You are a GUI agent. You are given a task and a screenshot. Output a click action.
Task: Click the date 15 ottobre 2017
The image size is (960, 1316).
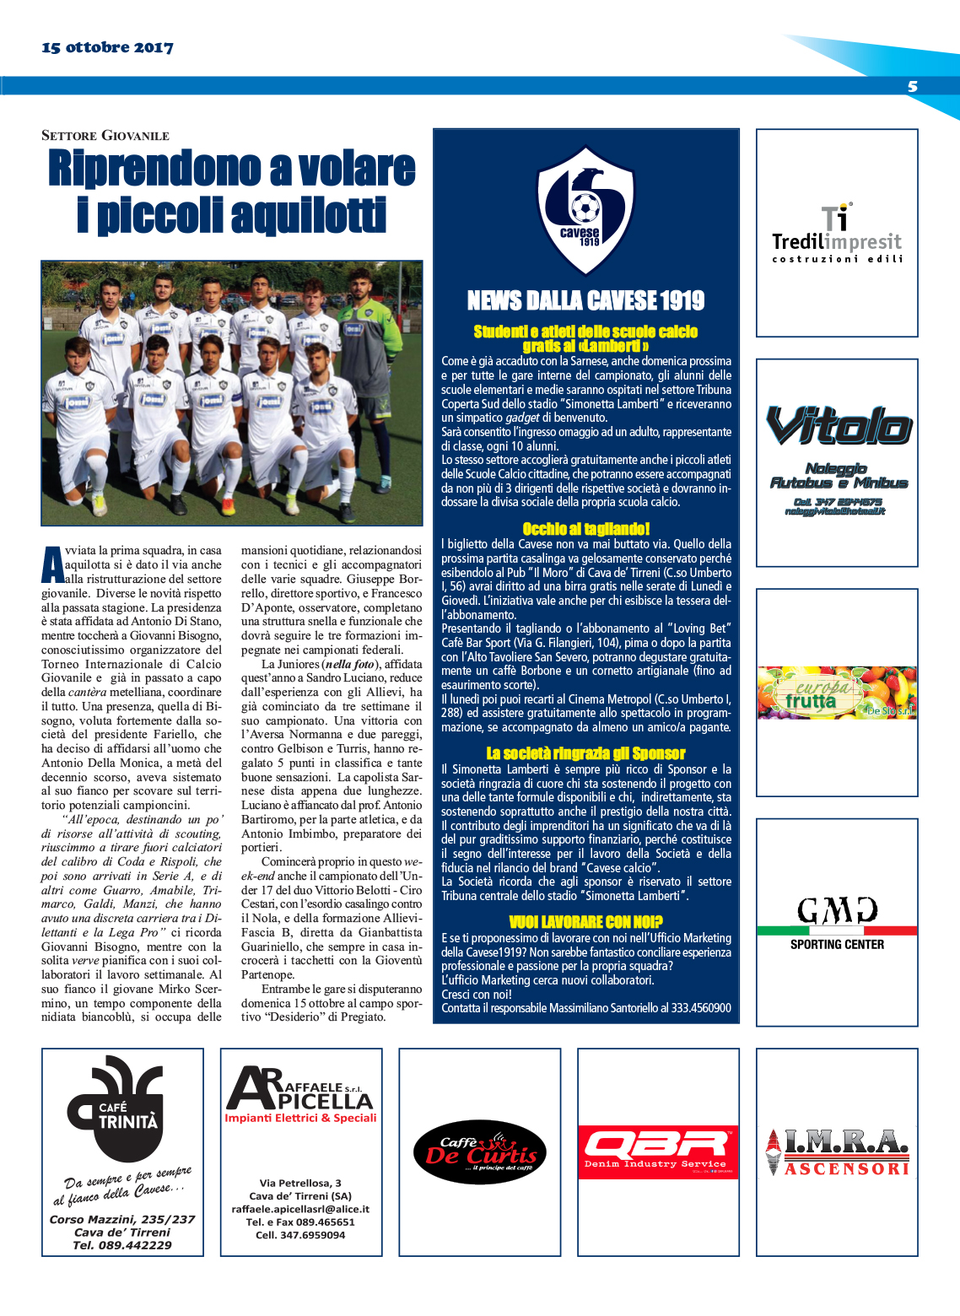click(107, 48)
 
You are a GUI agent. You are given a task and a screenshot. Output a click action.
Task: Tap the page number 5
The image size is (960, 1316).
click(912, 87)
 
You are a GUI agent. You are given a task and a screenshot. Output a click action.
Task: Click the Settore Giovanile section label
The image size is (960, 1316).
click(105, 135)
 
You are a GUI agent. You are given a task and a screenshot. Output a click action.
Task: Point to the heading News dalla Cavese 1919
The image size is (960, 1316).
click(585, 300)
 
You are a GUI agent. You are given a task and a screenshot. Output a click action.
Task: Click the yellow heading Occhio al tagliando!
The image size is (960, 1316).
click(585, 529)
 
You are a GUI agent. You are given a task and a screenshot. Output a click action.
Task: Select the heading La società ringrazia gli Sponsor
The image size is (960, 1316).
click(585, 753)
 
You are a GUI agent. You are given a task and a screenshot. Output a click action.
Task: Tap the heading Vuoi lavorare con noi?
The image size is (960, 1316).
click(585, 922)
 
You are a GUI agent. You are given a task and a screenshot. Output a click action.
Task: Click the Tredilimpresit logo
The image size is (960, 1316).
click(837, 234)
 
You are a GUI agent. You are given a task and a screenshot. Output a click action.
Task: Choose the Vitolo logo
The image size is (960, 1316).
click(838, 426)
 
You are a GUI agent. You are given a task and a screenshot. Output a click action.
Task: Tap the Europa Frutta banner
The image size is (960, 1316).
click(837, 693)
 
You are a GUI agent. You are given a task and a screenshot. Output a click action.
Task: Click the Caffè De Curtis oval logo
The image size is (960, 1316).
click(480, 1151)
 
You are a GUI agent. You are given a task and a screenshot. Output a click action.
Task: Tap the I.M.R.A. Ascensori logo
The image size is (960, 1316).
click(838, 1151)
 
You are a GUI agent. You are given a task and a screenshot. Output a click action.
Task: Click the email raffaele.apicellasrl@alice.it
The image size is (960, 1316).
click(300, 1209)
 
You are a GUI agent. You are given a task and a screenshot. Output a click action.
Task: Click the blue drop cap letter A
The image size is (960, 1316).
click(52, 564)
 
